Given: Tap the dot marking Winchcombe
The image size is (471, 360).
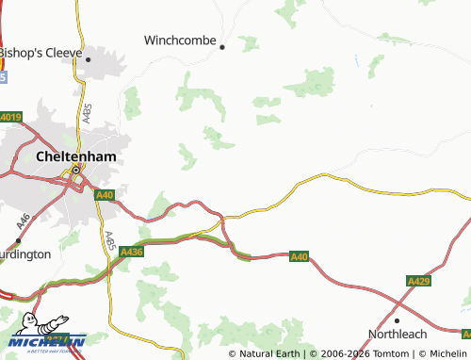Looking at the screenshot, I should [x=223, y=46].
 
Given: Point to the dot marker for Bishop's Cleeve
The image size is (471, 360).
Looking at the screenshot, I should [x=88, y=59].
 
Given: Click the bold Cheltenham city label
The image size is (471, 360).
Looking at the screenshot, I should [x=75, y=156].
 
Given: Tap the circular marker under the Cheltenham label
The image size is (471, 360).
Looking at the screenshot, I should [x=75, y=171].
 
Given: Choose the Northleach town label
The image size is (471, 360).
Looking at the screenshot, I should [x=397, y=334].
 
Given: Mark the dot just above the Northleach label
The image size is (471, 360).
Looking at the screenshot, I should [x=398, y=320].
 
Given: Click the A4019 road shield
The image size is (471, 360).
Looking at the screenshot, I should [x=10, y=117].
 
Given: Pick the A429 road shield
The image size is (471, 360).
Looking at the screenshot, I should [x=419, y=281].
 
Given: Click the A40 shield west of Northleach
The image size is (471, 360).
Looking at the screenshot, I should [x=299, y=255].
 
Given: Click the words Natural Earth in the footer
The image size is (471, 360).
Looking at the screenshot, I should [x=270, y=353].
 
